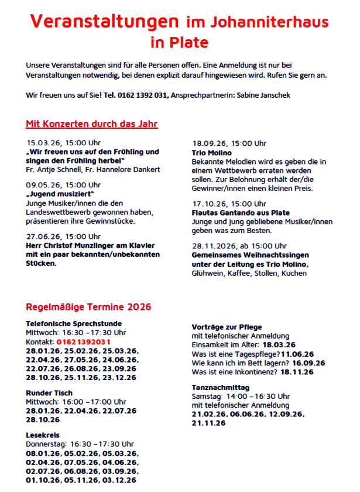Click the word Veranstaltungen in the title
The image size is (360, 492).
click(x=104, y=21)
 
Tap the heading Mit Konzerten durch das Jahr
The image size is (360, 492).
click(x=92, y=124)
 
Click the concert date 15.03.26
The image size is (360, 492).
click(x=41, y=142)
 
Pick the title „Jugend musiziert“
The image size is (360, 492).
click(x=60, y=193)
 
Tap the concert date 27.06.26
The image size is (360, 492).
click(x=41, y=236)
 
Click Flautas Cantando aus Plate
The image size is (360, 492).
click(x=241, y=212)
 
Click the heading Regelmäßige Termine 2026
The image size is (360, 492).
click(x=88, y=307)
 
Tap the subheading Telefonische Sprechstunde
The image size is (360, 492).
click(x=74, y=323)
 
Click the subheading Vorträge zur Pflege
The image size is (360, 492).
click(x=227, y=327)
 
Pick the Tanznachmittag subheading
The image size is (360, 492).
click(x=221, y=388)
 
